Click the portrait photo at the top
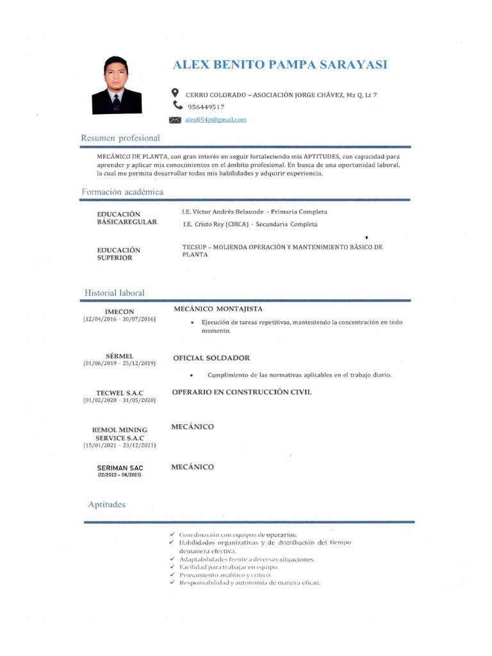[x=117, y=85]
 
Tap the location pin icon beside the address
[x=176, y=94]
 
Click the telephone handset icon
[x=177, y=106]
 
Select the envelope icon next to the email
[x=174, y=120]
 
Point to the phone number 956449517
[x=206, y=107]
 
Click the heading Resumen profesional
[x=120, y=138]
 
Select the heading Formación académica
[x=122, y=192]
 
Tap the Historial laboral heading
[x=115, y=293]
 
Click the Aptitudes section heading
[x=107, y=505]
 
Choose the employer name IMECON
[x=119, y=312]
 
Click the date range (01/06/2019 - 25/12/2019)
[x=120, y=363]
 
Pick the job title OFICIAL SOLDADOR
[x=211, y=358]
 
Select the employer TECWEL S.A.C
[x=120, y=393]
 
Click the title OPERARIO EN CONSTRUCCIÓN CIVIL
[x=242, y=392]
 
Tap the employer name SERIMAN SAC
[x=120, y=468]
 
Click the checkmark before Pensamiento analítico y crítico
[x=172, y=575]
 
